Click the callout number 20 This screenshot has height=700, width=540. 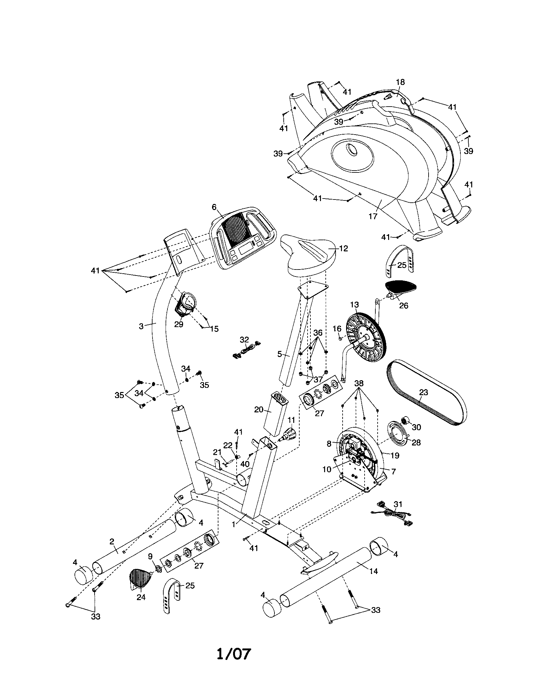pos(259,409)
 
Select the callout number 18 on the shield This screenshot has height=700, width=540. pos(400,82)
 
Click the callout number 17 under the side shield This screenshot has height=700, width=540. pos(373,216)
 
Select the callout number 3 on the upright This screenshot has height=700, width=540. pos(141,326)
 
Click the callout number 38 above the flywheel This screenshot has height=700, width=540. pos(359,383)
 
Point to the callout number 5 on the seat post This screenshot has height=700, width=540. pos(279,354)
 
